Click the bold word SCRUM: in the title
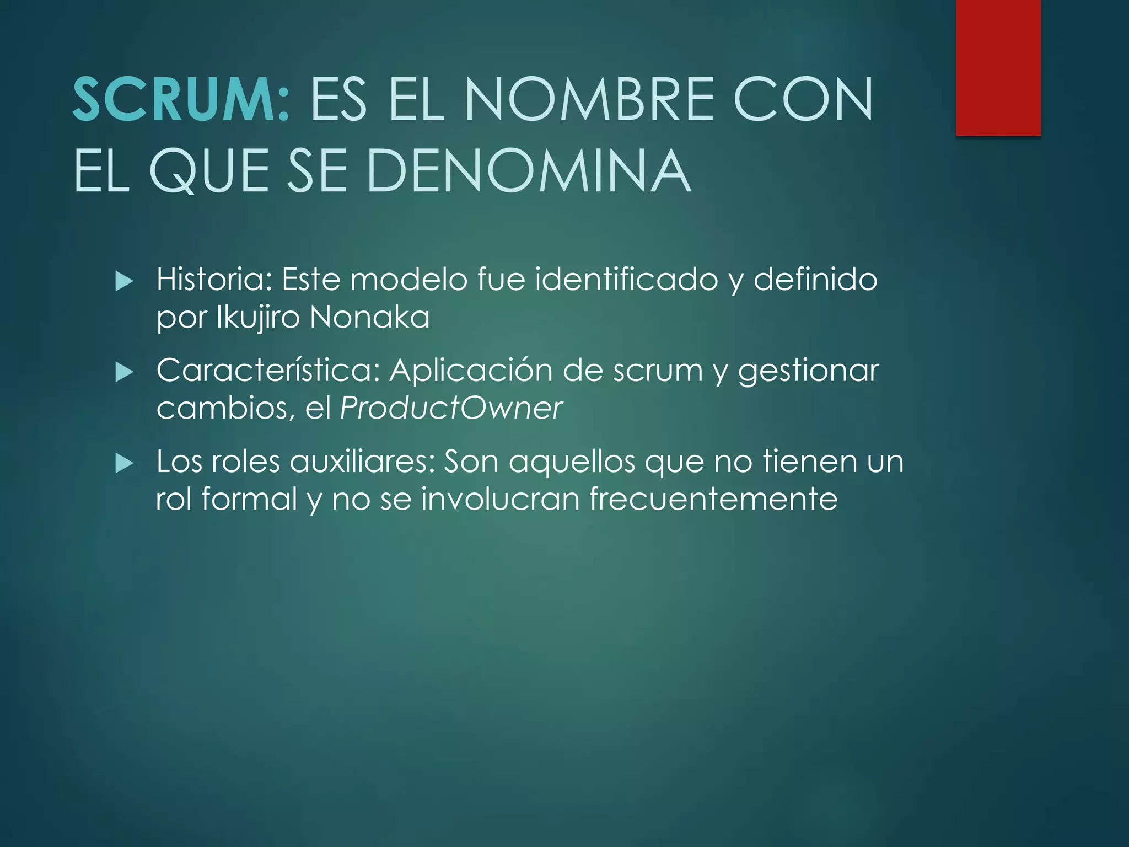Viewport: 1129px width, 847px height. [x=181, y=99]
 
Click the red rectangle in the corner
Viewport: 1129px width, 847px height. [x=998, y=67]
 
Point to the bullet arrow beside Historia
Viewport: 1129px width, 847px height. [x=125, y=282]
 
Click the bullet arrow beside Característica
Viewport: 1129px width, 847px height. [x=125, y=373]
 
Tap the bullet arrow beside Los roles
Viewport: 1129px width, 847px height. [x=125, y=464]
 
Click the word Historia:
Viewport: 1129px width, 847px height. [x=214, y=280]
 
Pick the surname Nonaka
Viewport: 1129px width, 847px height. [x=369, y=318]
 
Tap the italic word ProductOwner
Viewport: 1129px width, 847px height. [x=451, y=408]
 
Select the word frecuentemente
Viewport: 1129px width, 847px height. [x=713, y=499]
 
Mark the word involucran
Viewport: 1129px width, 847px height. [x=500, y=499]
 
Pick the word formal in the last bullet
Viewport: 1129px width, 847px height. [x=250, y=499]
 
